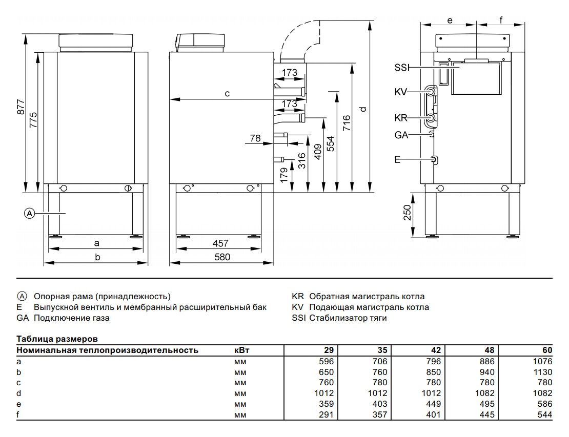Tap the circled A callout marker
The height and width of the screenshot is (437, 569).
pyautogui.click(x=30, y=213)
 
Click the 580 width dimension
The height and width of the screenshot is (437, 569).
pyautogui.click(x=222, y=257)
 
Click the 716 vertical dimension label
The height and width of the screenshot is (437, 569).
pyautogui.click(x=347, y=124)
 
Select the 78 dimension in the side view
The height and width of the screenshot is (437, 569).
pyautogui.click(x=255, y=138)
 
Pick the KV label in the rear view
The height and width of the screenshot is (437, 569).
pyautogui.click(x=401, y=92)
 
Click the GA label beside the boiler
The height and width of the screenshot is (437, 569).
pyautogui.click(x=401, y=135)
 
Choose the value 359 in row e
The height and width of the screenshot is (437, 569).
pyautogui.click(x=327, y=404)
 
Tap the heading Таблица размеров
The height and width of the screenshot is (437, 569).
pyautogui.click(x=57, y=339)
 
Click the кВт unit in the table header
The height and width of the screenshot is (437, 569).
pyautogui.click(x=241, y=350)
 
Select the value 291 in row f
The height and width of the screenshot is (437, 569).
pyautogui.click(x=327, y=414)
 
